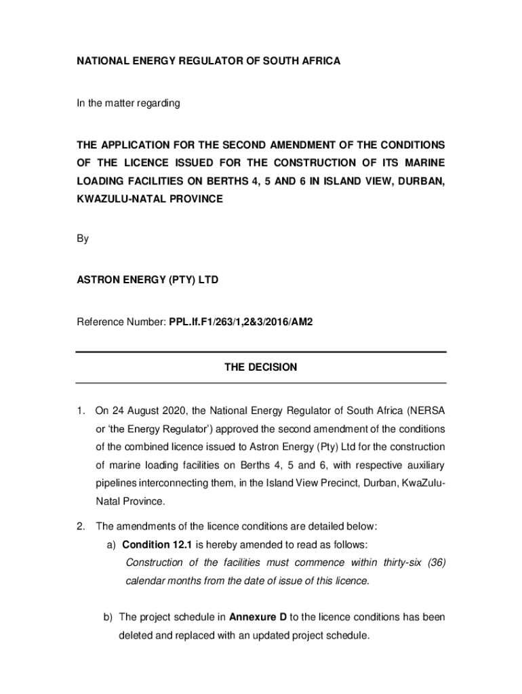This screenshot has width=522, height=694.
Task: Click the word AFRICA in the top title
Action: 322,61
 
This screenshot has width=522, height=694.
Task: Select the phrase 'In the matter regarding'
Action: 127,104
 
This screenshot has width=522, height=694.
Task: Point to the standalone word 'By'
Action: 82,239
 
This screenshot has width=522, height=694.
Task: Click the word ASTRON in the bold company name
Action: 98,279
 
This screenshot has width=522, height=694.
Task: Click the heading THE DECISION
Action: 260,367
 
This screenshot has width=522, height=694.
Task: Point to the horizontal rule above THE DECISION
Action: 260,352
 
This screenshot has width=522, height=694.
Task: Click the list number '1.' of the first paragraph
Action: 80,410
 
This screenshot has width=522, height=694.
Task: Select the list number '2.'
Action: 80,526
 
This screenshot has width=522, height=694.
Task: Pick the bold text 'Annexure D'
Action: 258,617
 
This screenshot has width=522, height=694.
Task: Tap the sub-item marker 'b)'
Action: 108,617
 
